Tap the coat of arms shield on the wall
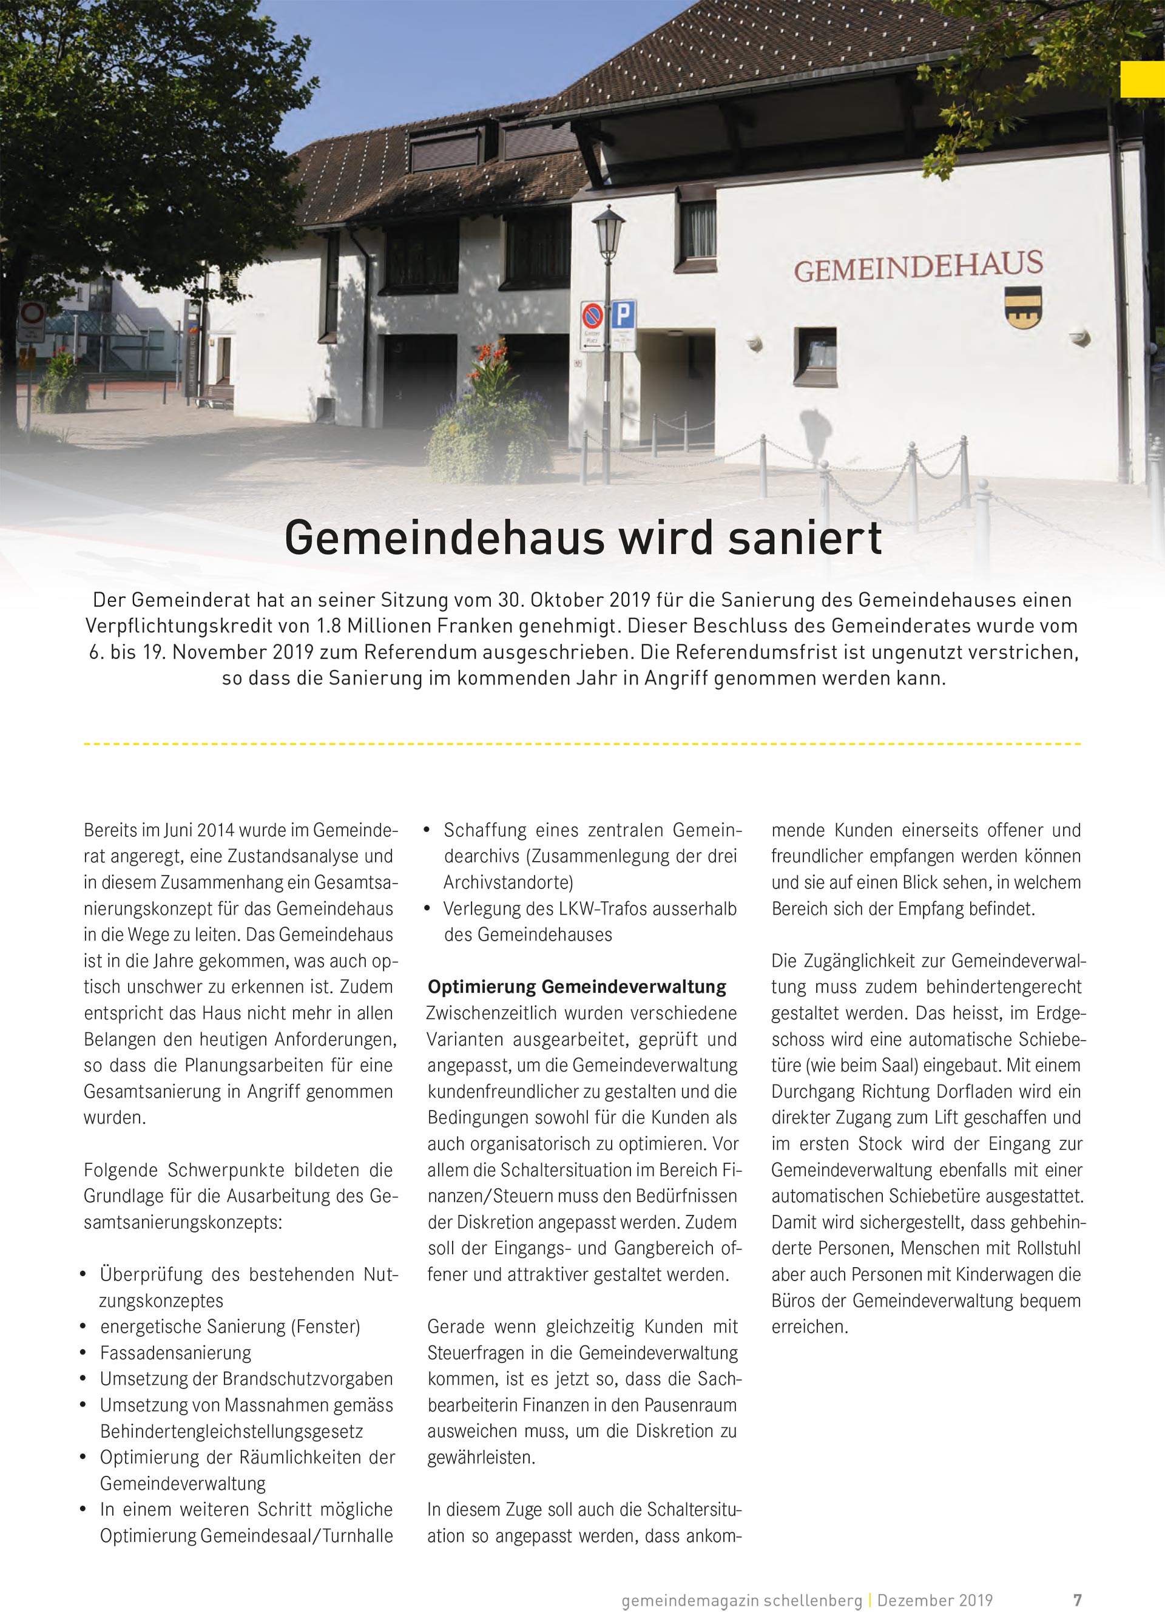(x=1024, y=306)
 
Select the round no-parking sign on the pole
(x=592, y=314)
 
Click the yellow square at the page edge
(x=1142, y=79)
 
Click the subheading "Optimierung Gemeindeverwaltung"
(x=577, y=987)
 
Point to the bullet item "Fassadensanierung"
(x=176, y=1352)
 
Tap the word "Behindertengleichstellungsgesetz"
(x=232, y=1431)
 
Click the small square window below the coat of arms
(x=815, y=356)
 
